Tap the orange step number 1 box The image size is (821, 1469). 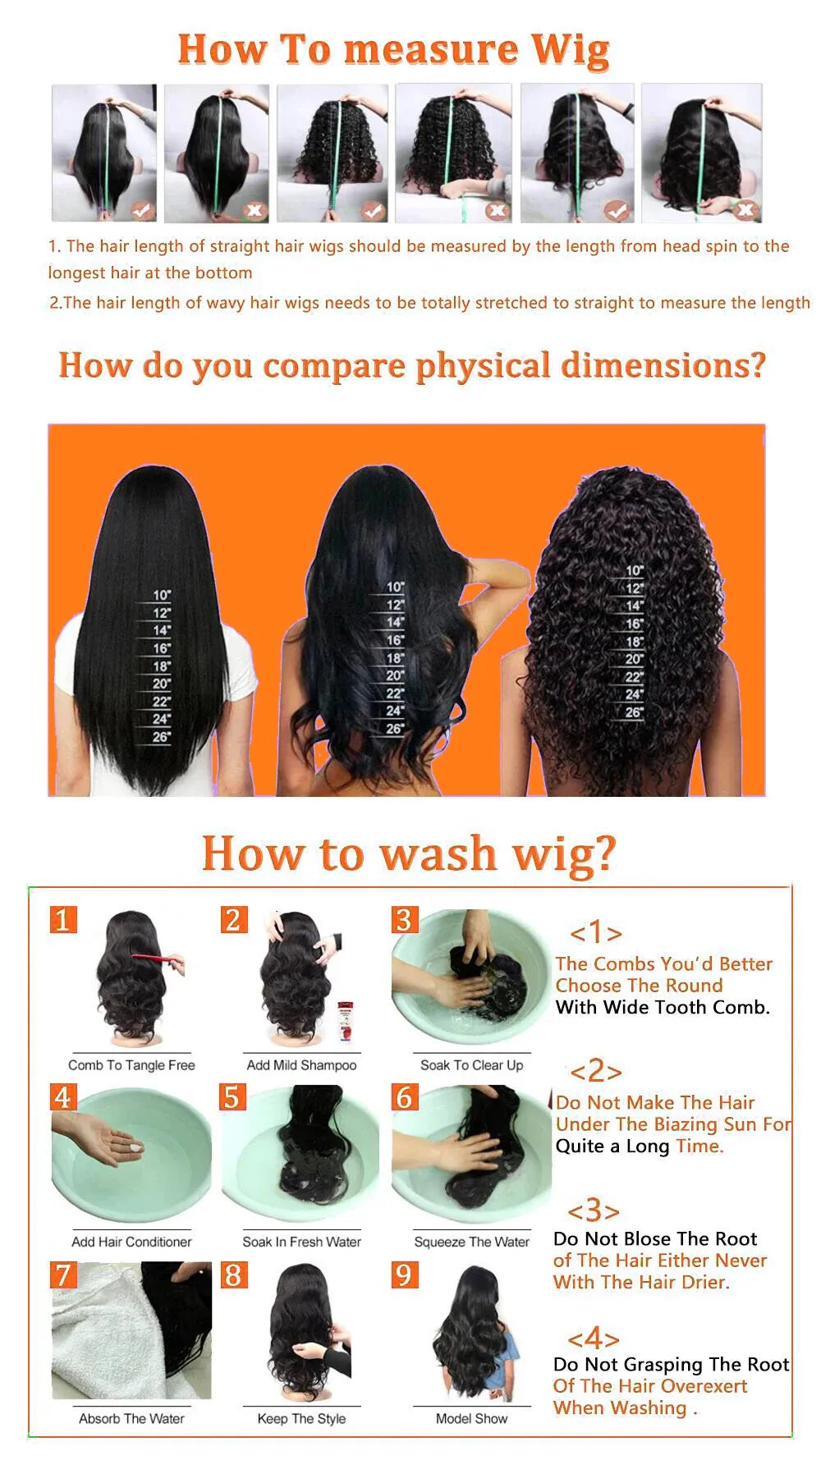point(63,919)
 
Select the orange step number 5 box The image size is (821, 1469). point(233,1097)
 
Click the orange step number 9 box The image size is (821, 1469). point(404,1275)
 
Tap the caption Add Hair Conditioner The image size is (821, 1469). point(131,1242)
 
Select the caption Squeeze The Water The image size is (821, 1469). point(471,1242)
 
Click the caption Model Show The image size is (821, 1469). point(471,1418)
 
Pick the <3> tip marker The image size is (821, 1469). point(593,1210)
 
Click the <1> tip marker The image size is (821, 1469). point(595,932)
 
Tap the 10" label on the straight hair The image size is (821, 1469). point(162,595)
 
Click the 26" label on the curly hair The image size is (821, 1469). point(634,712)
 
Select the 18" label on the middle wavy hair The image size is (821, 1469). point(395,658)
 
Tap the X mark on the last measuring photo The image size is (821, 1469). point(745,210)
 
